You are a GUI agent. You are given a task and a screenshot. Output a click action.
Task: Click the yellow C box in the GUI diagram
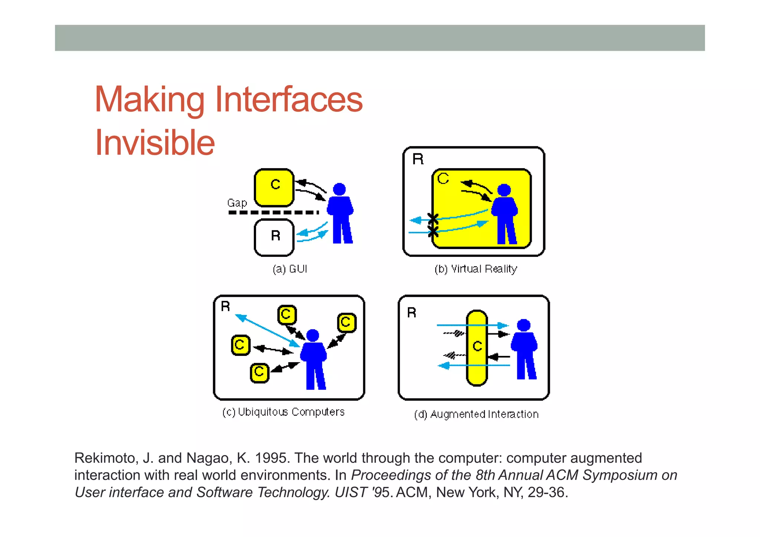(x=274, y=187)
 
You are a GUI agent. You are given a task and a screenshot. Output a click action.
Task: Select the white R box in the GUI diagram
(x=274, y=238)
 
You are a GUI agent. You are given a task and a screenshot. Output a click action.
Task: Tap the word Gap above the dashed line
(x=237, y=203)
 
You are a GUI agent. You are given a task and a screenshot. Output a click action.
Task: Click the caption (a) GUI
(x=290, y=269)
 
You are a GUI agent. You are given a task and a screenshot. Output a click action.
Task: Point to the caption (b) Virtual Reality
(x=476, y=269)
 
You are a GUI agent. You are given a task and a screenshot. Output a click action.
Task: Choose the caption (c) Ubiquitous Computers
(x=284, y=412)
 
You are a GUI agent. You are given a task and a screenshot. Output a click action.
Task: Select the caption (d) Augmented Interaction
(x=476, y=414)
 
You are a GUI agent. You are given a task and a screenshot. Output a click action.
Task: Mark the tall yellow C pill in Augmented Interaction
(x=477, y=348)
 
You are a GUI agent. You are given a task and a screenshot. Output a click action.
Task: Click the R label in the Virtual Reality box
(x=418, y=159)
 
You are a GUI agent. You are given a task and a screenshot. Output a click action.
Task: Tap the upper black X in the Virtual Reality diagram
(x=433, y=219)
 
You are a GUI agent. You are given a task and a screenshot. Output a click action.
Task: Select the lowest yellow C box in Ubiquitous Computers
(x=259, y=373)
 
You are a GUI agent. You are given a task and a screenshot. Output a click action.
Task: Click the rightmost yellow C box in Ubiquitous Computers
(x=347, y=322)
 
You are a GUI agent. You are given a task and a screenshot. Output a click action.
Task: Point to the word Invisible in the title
(x=155, y=143)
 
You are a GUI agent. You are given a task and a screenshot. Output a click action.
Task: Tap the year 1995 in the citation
(x=272, y=458)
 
